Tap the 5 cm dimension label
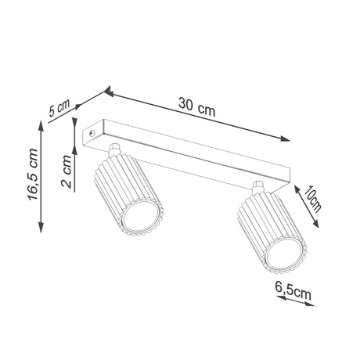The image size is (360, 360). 59,108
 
